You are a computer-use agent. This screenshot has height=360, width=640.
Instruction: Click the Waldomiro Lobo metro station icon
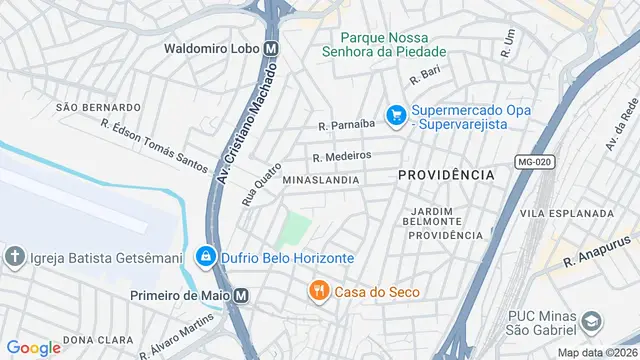point(272,47)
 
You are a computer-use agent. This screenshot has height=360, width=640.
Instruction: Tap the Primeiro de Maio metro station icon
point(241,295)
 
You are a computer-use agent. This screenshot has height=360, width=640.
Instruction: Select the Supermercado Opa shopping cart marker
point(397,116)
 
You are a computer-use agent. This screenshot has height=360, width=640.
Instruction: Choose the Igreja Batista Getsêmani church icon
point(15,257)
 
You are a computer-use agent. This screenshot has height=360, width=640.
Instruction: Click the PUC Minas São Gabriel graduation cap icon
point(592,322)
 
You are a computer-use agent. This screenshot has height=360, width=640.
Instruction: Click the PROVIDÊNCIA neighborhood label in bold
point(446,175)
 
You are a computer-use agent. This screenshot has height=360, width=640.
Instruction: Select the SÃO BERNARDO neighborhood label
point(98,107)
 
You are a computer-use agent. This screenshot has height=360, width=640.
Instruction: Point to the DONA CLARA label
point(92,340)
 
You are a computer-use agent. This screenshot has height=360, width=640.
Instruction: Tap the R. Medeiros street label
point(341,156)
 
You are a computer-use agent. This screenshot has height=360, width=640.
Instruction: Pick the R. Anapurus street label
point(599,253)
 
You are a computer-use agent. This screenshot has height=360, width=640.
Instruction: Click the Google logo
point(33,348)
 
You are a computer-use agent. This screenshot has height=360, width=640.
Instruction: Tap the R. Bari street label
point(425,75)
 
